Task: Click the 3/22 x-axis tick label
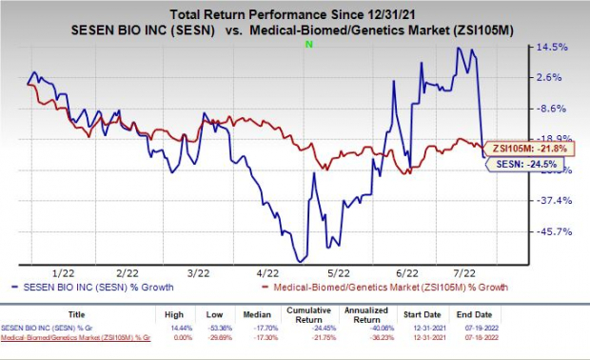(199, 272)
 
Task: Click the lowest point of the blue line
(300, 260)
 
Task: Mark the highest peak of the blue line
(460, 48)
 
